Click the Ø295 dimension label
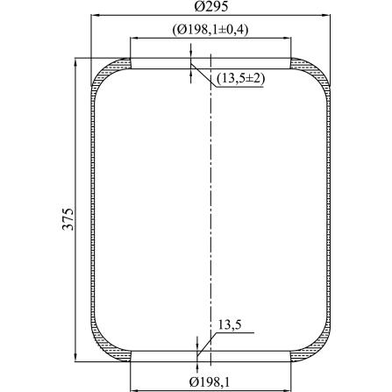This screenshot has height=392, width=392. (x=210, y=6)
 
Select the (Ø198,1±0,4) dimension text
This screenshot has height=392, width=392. (x=210, y=30)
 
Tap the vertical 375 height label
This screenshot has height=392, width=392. (x=68, y=219)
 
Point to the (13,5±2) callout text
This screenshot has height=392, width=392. (x=241, y=78)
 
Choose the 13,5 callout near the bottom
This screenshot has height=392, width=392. (x=230, y=325)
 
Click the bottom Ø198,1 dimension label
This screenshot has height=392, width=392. (x=209, y=381)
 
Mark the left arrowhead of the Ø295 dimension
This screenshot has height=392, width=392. (x=96, y=15)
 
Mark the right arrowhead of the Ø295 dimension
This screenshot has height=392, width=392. (x=325, y=15)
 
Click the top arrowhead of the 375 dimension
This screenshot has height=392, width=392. (x=75, y=62)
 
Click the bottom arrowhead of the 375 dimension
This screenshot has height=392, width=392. (x=75, y=357)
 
